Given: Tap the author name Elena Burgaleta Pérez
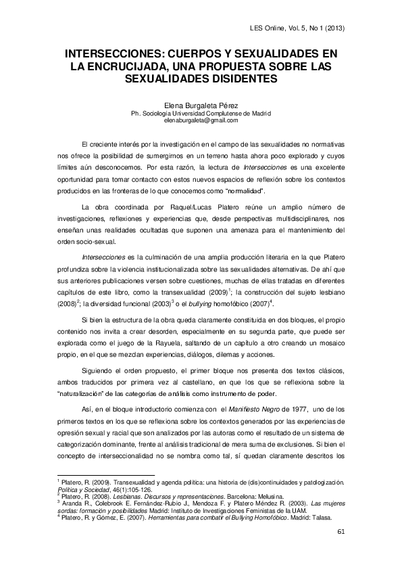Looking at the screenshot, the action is [x=201, y=106].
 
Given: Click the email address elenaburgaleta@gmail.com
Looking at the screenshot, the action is [x=201, y=120].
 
